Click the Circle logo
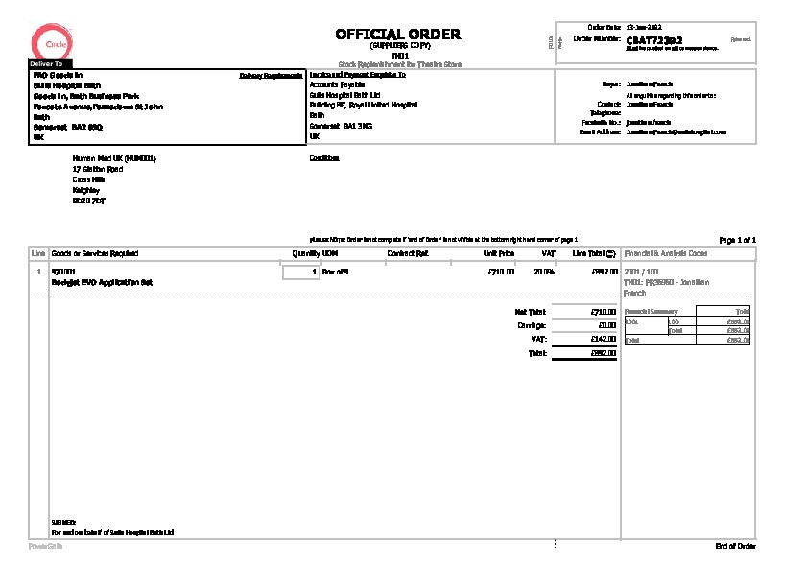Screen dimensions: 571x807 [x=48, y=41]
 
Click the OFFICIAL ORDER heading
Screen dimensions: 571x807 [x=397, y=35]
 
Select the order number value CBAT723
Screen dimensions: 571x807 [x=654, y=40]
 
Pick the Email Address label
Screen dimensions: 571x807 [x=602, y=131]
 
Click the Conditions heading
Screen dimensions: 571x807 [x=324, y=157]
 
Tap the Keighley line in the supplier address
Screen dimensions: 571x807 [x=85, y=189]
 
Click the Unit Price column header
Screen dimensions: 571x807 [x=499, y=253]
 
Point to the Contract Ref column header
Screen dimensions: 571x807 [x=407, y=253]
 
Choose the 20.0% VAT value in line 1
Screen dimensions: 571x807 [x=544, y=273]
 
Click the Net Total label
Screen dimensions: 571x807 [x=530, y=312]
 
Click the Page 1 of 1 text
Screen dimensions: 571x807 [x=737, y=239]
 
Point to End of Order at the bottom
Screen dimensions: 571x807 [x=735, y=546]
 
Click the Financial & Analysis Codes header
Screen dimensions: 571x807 [x=666, y=253]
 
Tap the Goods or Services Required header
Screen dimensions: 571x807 [x=94, y=253]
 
